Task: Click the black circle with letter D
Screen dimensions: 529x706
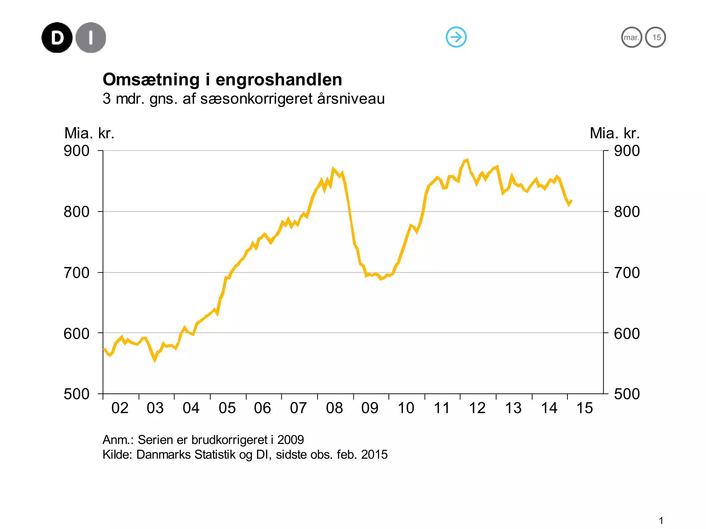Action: (x=57, y=38)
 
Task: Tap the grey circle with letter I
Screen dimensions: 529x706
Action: (x=91, y=38)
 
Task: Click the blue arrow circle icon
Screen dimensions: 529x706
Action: (x=456, y=37)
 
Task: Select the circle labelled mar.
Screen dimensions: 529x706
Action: (x=632, y=37)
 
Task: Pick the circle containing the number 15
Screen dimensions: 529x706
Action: (x=656, y=37)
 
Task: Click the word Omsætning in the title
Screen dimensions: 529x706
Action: (x=151, y=80)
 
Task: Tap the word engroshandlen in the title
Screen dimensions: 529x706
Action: (x=279, y=80)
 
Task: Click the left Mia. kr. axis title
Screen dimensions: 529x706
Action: (x=89, y=133)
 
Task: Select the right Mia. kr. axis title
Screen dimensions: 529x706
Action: (x=615, y=133)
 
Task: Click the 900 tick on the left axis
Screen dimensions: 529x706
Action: (x=77, y=151)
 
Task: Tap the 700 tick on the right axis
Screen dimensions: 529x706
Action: (x=627, y=273)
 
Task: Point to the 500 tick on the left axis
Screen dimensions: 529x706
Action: (x=77, y=394)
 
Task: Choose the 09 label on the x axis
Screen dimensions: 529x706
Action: (x=370, y=408)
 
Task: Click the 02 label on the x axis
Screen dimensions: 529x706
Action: (x=120, y=408)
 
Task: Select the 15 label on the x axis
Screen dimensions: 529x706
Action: (x=585, y=408)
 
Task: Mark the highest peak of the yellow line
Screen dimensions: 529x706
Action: (x=467, y=160)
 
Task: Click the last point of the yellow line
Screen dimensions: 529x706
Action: (x=572, y=201)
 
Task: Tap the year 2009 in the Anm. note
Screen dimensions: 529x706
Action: (x=291, y=440)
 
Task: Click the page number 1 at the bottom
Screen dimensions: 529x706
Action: (x=661, y=520)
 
